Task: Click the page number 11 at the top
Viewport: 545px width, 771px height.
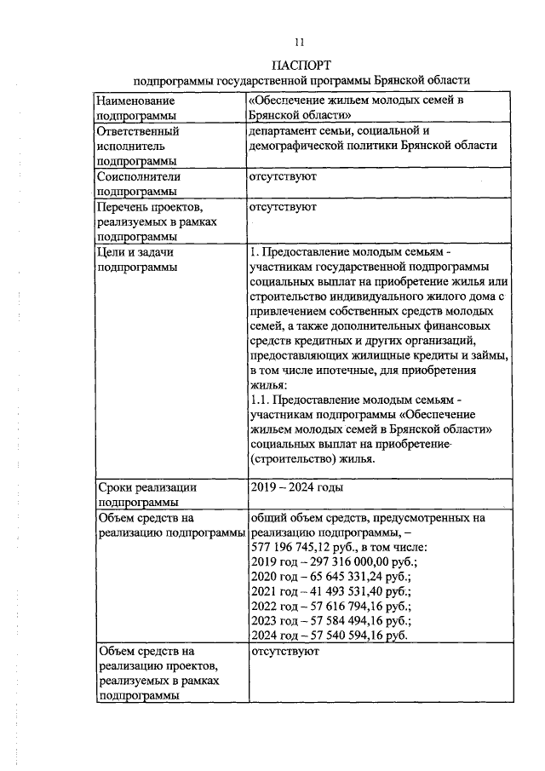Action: pos(299,42)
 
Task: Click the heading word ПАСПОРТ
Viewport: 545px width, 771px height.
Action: pos(301,65)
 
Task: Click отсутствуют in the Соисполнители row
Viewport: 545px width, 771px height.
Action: pos(283,176)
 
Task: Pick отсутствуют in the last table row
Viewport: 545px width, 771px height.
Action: pos(283,652)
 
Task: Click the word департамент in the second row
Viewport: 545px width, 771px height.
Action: pos(285,132)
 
